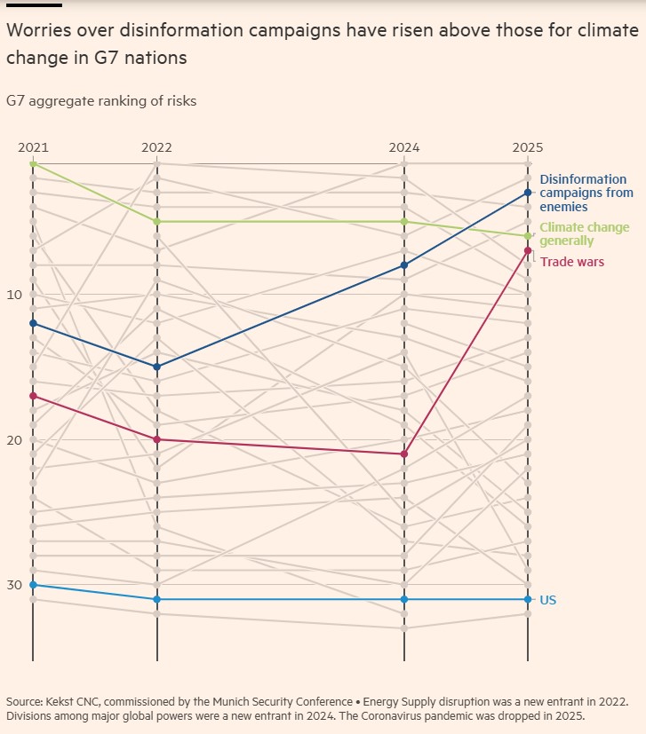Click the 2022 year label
click(x=157, y=147)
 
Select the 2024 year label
click(x=404, y=147)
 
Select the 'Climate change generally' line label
click(x=584, y=234)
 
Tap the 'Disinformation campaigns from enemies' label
click(x=586, y=193)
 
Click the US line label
click(x=548, y=600)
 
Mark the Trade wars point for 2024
click(x=404, y=454)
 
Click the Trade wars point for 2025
click(x=528, y=250)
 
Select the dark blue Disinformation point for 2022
click(x=157, y=367)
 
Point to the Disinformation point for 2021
click(x=33, y=323)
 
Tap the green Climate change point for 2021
click(x=33, y=163)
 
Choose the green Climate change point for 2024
click(x=404, y=221)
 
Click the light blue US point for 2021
click(x=33, y=585)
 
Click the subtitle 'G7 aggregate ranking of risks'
click(x=101, y=101)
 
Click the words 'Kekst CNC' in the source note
click(x=72, y=702)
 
